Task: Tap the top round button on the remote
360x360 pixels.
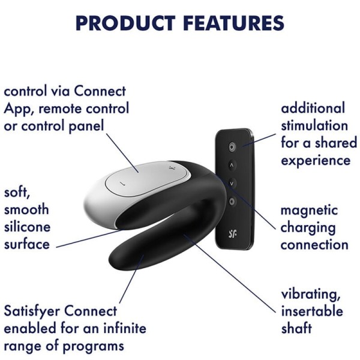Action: click(233, 146)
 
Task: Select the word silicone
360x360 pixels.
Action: click(27, 227)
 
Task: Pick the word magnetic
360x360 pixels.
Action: click(310, 211)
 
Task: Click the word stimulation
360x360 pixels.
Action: click(314, 126)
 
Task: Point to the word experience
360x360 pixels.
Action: click(316, 161)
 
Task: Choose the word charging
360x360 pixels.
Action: click(308, 228)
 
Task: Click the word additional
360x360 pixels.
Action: click(313, 109)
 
